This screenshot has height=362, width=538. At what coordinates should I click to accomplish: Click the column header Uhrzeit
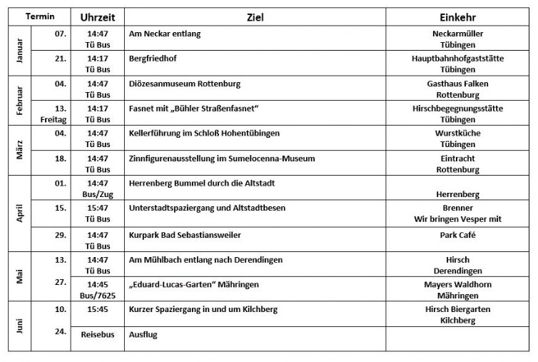(x=97, y=17)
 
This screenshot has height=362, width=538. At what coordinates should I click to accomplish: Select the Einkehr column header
(x=457, y=17)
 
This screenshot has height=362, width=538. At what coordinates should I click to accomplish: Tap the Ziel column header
(x=255, y=17)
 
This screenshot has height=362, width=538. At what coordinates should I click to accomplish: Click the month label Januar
(x=19, y=51)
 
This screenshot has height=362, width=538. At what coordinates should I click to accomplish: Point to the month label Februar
(x=19, y=101)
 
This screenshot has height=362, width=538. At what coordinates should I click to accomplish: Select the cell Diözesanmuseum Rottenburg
(x=185, y=84)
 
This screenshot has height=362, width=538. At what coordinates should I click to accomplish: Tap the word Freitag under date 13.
(x=54, y=119)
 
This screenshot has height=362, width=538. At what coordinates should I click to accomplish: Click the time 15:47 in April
(x=97, y=208)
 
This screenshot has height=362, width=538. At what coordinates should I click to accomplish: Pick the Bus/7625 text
(x=97, y=295)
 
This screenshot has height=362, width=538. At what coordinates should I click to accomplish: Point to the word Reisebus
(x=97, y=334)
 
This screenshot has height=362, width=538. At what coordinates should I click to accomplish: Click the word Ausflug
(x=143, y=334)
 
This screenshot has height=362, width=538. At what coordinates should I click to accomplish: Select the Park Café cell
(x=457, y=235)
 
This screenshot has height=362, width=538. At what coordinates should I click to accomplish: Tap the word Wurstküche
(x=457, y=134)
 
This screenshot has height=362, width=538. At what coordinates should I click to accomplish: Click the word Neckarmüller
(x=457, y=34)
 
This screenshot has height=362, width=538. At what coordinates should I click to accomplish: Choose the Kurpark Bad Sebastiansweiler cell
(x=185, y=235)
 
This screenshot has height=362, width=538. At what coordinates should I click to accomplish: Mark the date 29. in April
(x=60, y=234)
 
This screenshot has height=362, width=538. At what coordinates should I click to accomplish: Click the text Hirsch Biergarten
(x=457, y=309)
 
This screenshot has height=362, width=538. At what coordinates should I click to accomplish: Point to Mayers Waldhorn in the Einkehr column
(x=457, y=284)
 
